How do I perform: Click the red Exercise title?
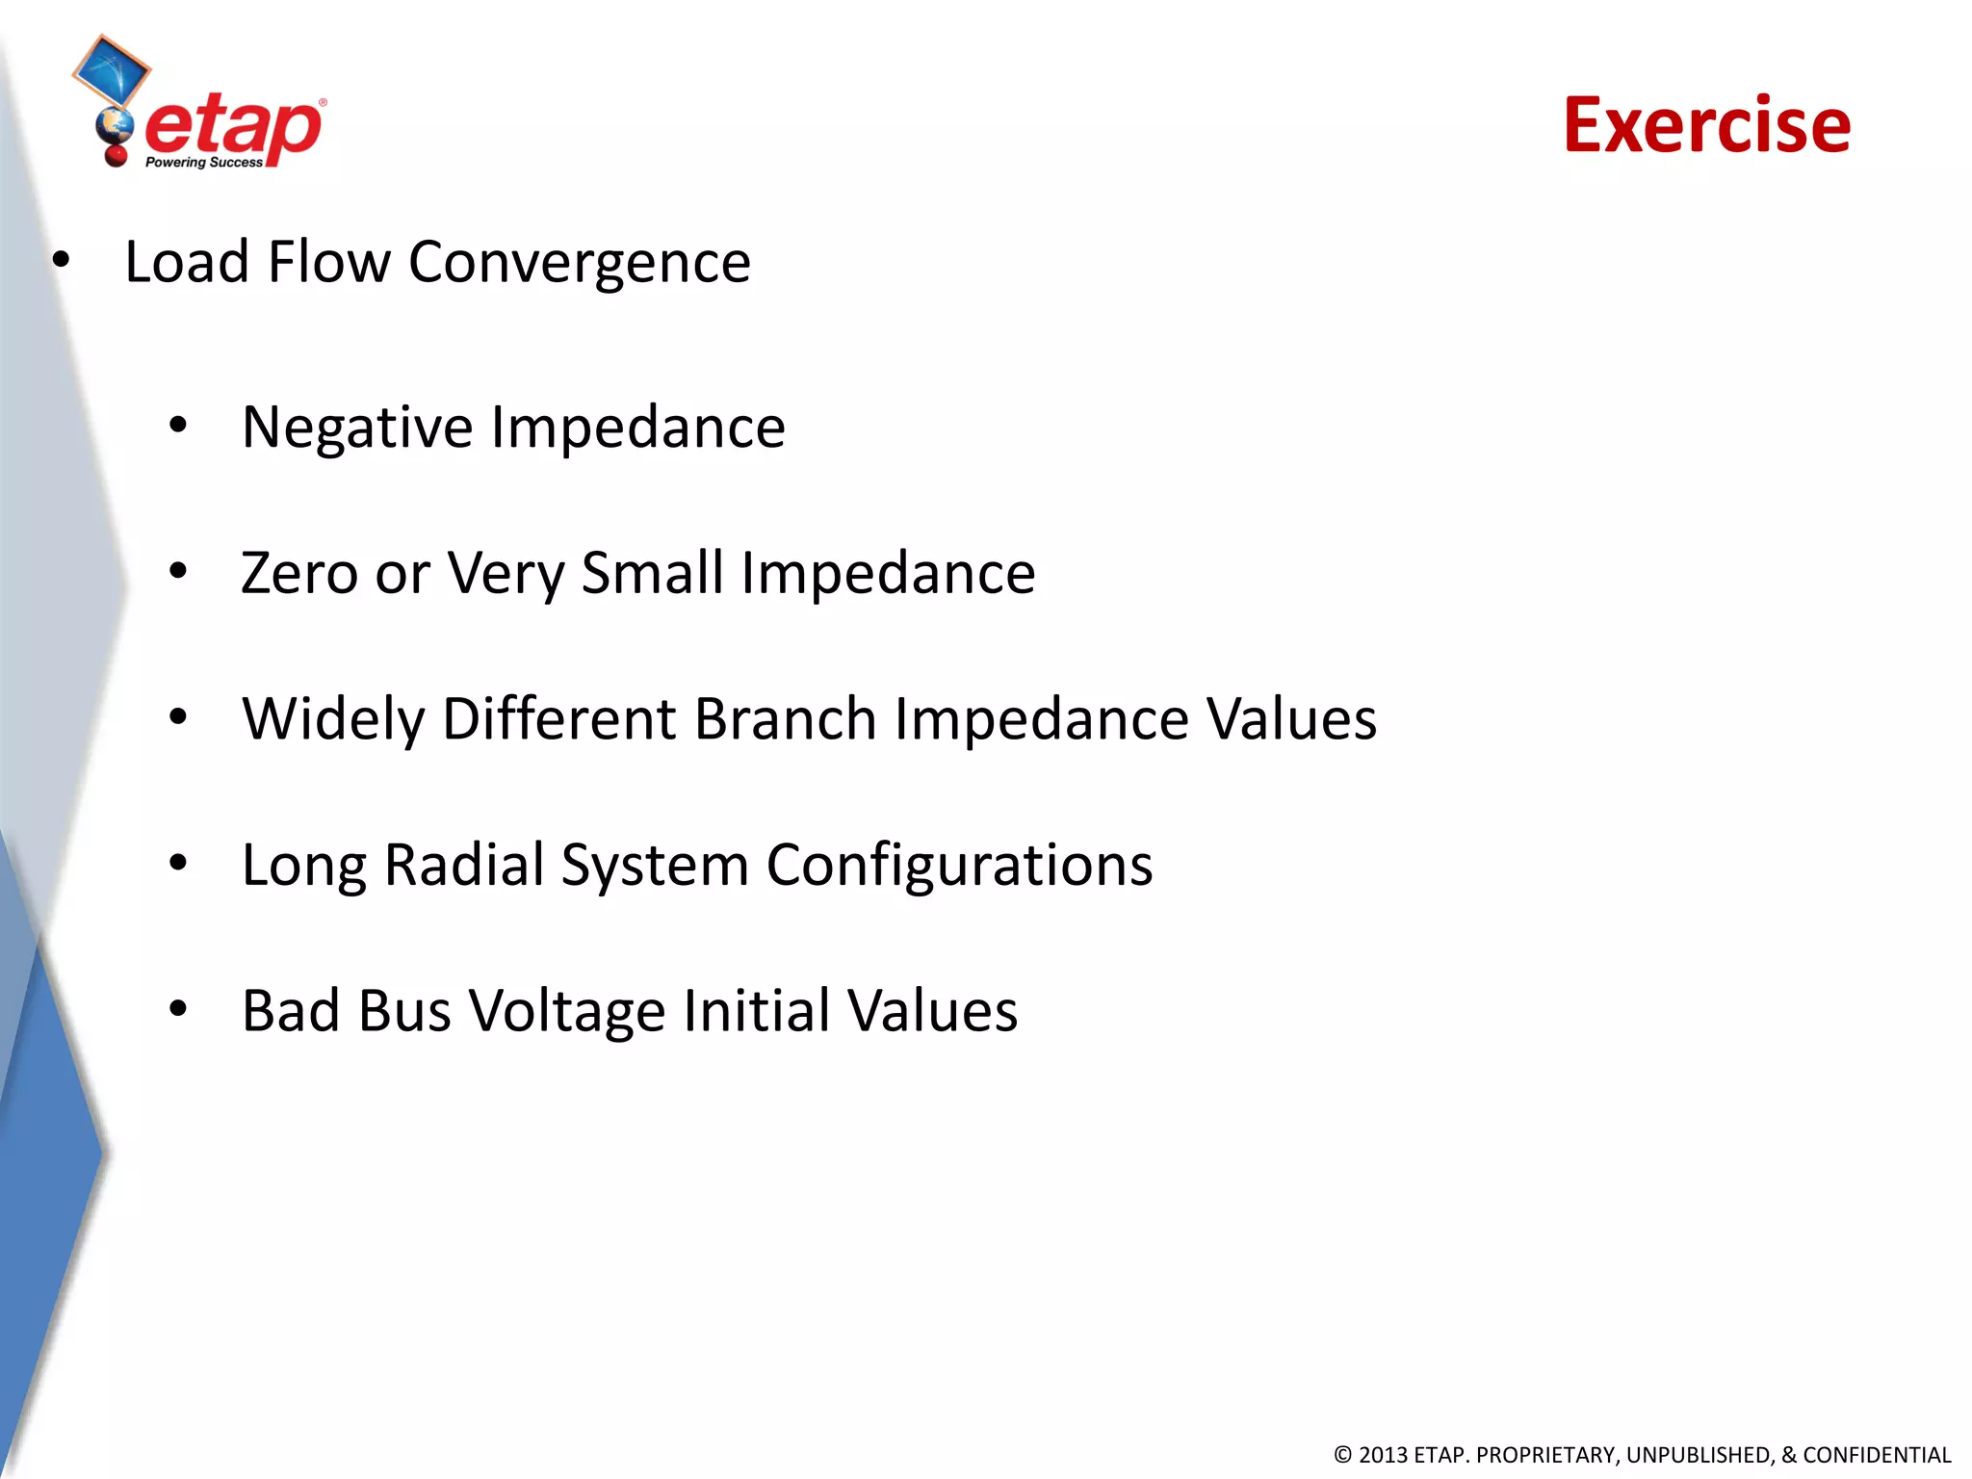1706,125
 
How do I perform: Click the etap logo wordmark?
233,128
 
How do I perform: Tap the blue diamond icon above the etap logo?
112,70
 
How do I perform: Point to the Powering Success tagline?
203,163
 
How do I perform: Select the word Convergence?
579,263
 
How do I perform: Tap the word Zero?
299,574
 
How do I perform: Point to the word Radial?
463,865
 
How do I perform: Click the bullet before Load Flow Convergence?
62,260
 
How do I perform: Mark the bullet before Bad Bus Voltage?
178,1009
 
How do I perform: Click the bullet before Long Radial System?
178,863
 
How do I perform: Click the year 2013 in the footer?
1383,1455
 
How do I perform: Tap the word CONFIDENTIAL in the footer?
1877,1455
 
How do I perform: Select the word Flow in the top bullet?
328,262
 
